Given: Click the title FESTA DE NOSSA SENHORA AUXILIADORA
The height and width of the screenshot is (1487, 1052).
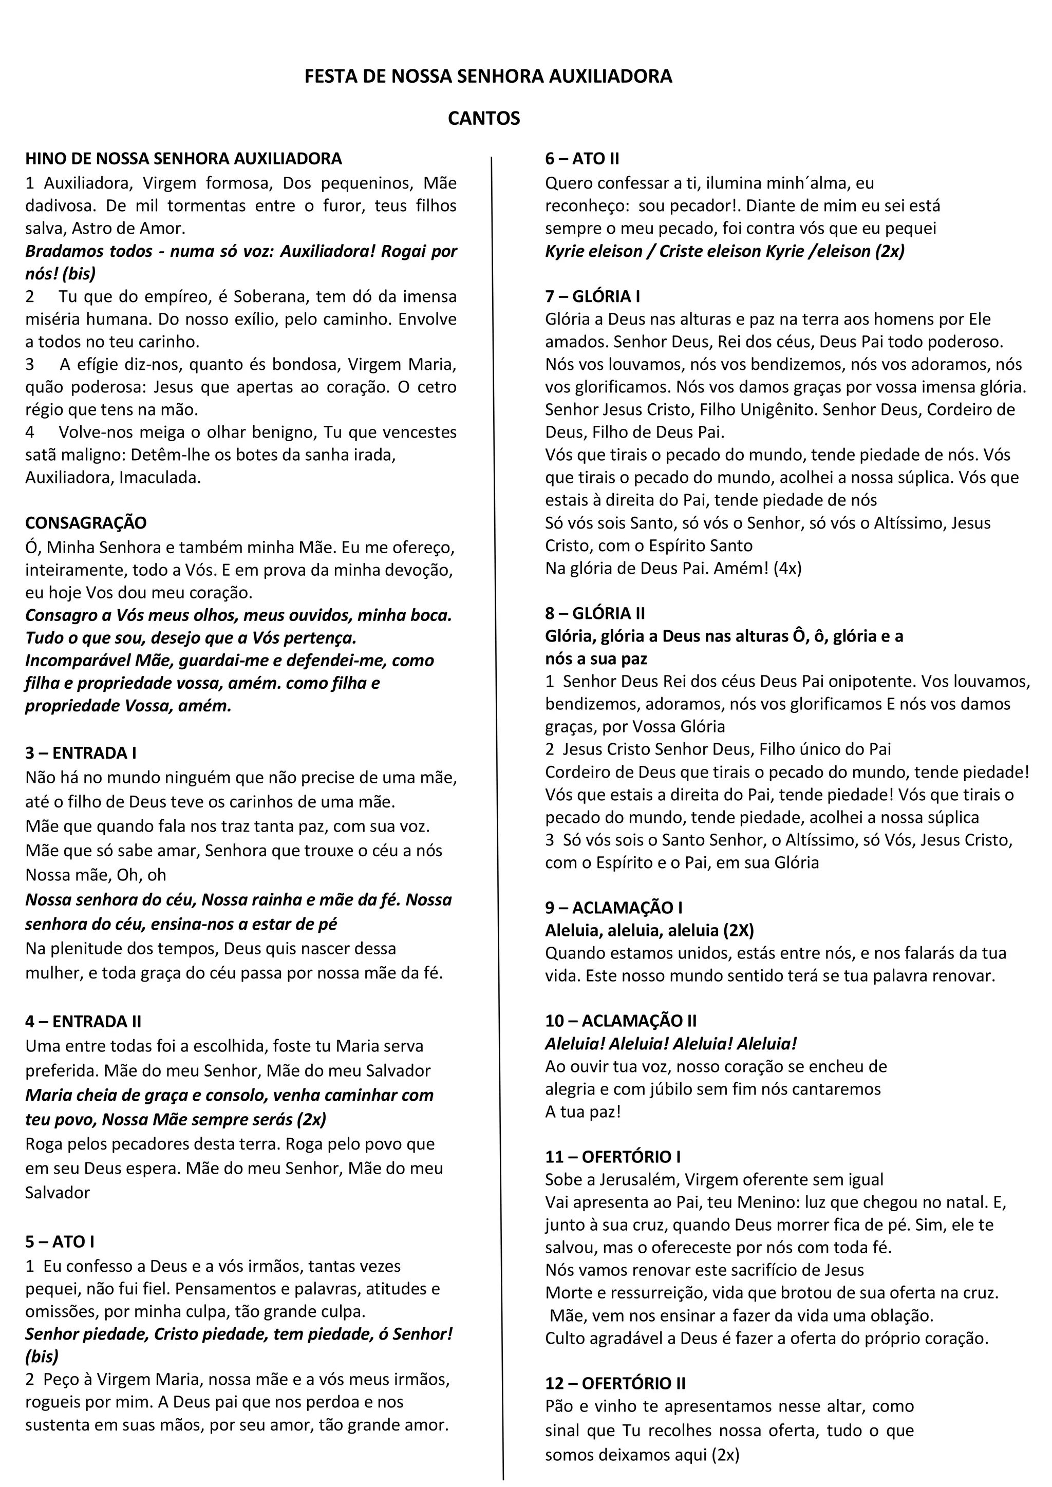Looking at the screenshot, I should pyautogui.click(x=489, y=77).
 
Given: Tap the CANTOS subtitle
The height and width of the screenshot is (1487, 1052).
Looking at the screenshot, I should pyautogui.click(x=484, y=119).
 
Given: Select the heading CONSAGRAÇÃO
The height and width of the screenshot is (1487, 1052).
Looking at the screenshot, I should pyautogui.click(x=85, y=523).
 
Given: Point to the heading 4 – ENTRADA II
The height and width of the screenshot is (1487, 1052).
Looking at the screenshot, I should pyautogui.click(x=83, y=1021).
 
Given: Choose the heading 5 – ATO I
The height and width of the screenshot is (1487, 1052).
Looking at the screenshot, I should pyautogui.click(x=60, y=1241).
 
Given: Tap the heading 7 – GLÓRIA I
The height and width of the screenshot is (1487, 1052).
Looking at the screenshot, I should pyautogui.click(x=592, y=296).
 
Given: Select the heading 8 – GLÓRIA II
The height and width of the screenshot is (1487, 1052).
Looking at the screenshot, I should pyautogui.click(x=595, y=613).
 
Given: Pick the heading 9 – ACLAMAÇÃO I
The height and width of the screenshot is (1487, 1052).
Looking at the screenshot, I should pyautogui.click(x=613, y=908).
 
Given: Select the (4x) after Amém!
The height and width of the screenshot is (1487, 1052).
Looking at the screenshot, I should pyautogui.click(x=787, y=568).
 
